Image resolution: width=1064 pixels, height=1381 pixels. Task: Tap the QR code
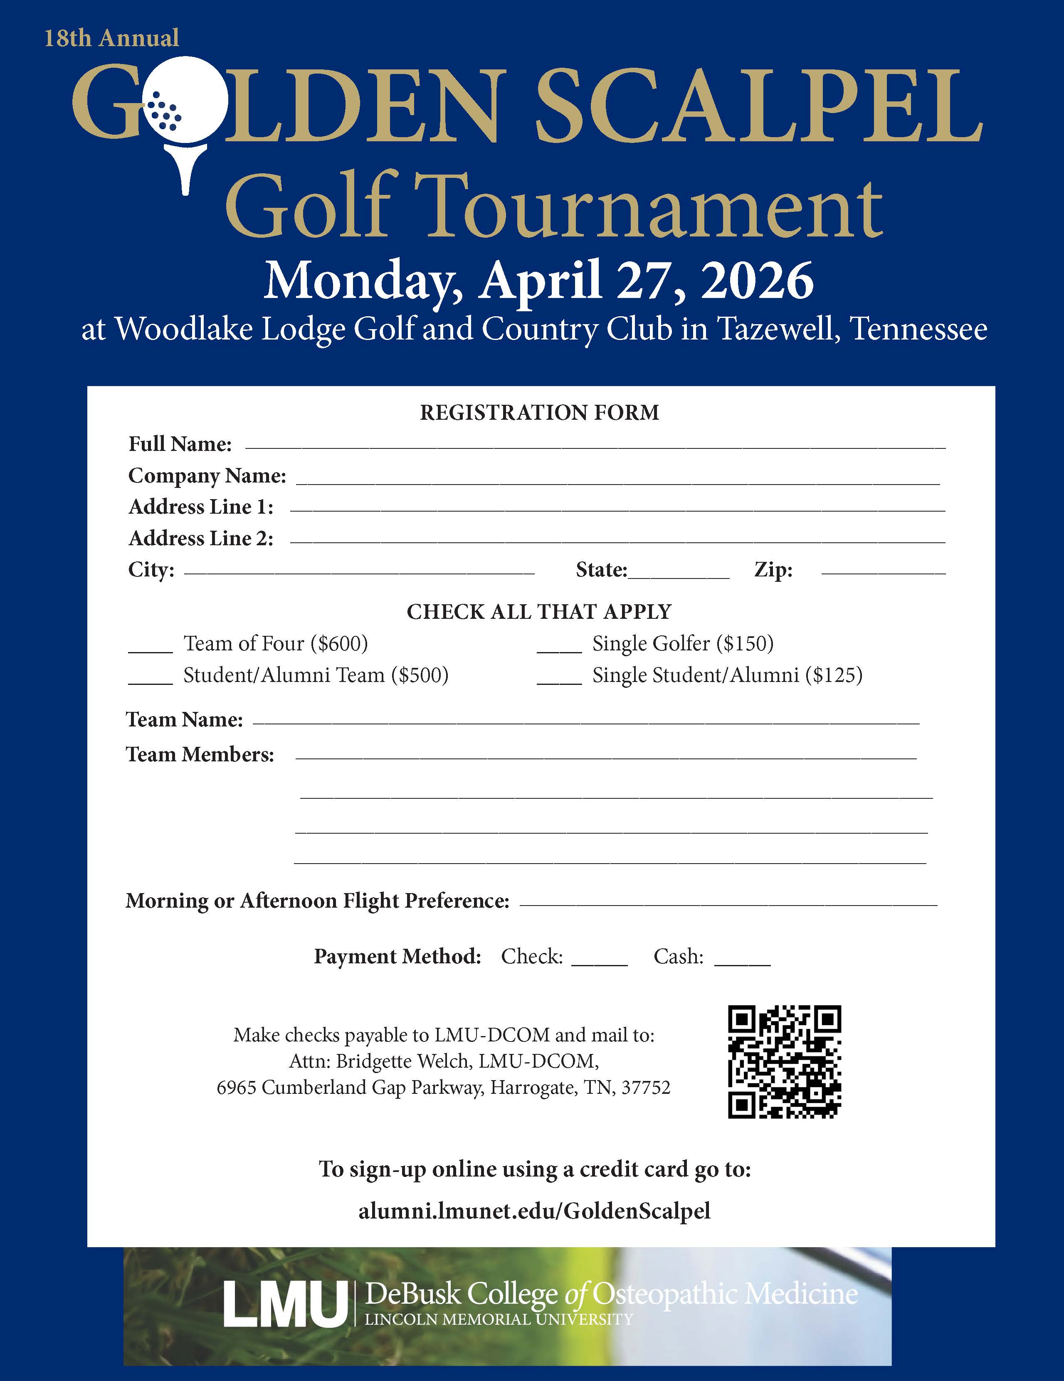pos(785,1062)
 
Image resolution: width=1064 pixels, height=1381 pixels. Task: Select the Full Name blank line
pos(595,447)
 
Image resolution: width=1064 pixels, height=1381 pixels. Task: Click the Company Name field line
pos(617,483)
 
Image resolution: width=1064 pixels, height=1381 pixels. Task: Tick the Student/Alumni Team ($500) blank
pos(151,681)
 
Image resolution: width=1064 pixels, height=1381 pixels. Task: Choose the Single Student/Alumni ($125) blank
pos(559,681)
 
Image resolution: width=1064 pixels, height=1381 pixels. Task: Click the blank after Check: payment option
pos(599,963)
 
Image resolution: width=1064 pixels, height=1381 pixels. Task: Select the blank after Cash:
pos(742,963)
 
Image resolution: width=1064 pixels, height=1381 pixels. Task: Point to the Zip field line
pos(883,573)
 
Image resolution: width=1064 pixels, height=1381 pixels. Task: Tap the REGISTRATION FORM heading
pos(540,413)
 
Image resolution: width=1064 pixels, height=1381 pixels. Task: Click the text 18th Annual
pos(111,39)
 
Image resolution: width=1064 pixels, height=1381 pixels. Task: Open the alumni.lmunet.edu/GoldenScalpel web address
pos(535,1210)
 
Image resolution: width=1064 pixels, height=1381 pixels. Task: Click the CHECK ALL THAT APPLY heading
pos(539,611)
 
